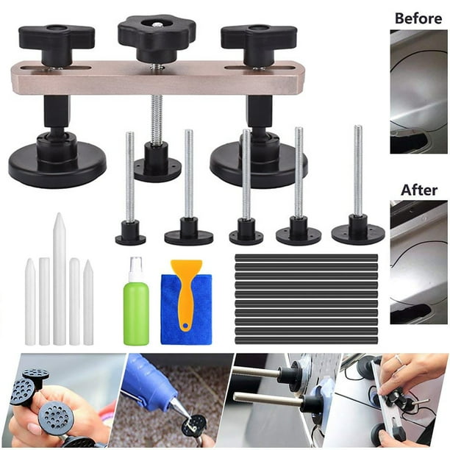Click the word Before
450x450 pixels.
point(418,18)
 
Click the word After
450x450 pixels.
point(419,190)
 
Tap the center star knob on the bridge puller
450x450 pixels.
point(157,32)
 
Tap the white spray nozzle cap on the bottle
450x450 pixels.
point(135,267)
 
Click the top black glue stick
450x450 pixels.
point(305,258)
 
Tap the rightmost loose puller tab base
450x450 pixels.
point(358,232)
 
